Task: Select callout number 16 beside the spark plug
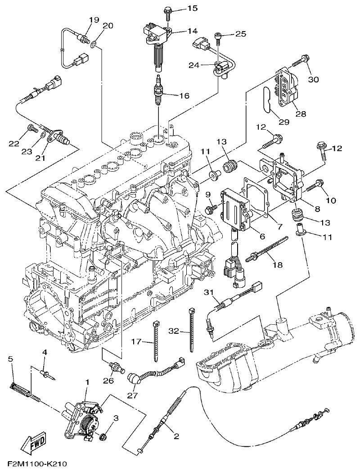(x=184, y=96)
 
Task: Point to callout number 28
(x=301, y=114)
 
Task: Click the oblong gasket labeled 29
(x=266, y=102)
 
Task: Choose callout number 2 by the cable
(x=176, y=436)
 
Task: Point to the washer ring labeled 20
(x=93, y=45)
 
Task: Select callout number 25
(x=241, y=34)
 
